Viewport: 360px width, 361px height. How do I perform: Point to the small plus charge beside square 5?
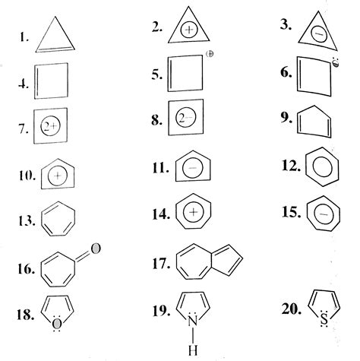pyautogui.click(x=209, y=55)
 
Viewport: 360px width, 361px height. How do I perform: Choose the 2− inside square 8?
pyautogui.click(x=185, y=121)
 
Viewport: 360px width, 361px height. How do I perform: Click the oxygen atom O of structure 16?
pyautogui.click(x=95, y=247)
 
